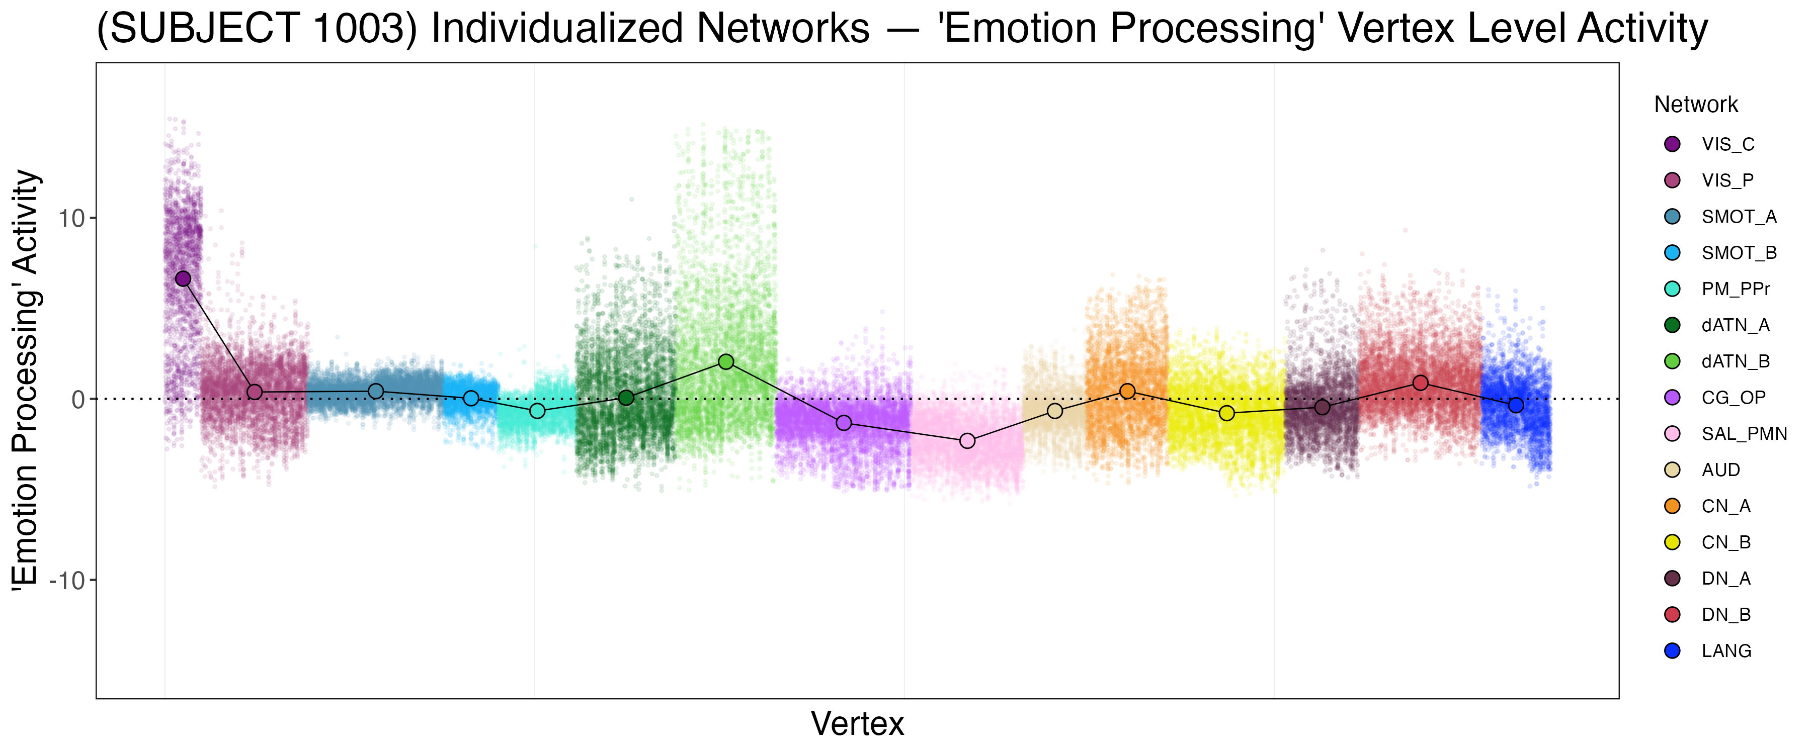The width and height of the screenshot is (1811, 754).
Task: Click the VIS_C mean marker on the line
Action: click(x=183, y=279)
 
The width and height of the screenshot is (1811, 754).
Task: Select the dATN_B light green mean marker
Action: click(x=726, y=362)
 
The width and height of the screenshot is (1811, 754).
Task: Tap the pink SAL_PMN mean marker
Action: click(x=967, y=441)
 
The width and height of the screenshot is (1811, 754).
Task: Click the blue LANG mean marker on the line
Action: click(x=1516, y=406)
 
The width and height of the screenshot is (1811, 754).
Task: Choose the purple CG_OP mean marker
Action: click(x=844, y=423)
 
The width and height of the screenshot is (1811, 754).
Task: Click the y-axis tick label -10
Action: click(x=67, y=581)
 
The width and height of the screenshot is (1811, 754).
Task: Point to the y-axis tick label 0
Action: click(x=78, y=400)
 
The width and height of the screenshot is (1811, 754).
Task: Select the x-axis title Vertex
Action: click(x=857, y=724)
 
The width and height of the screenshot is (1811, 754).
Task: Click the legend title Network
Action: click(x=1696, y=105)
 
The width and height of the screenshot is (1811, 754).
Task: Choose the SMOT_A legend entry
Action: click(x=1739, y=217)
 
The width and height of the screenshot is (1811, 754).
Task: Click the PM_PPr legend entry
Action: click(x=1735, y=289)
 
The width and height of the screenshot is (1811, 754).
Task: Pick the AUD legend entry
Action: click(x=1720, y=470)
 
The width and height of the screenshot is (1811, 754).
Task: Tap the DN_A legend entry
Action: click(x=1726, y=579)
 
